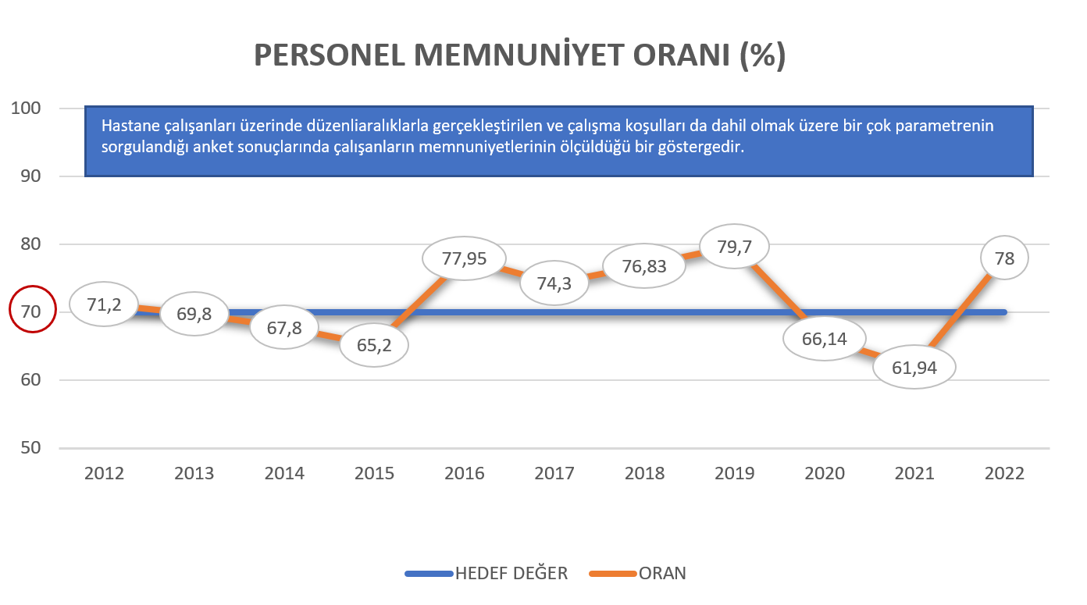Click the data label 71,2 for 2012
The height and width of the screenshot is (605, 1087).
pyautogui.click(x=104, y=304)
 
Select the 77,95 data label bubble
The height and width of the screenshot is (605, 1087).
pyautogui.click(x=464, y=258)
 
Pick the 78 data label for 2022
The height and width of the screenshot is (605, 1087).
pyautogui.click(x=1005, y=258)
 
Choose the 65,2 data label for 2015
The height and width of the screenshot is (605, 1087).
pyautogui.click(x=374, y=344)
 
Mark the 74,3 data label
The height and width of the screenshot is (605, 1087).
pyautogui.click(x=554, y=283)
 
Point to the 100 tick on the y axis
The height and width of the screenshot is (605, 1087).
pyautogui.click(x=27, y=108)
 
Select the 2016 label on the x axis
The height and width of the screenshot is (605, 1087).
pyautogui.click(x=464, y=474)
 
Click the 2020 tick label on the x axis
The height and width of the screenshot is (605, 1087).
pyautogui.click(x=825, y=474)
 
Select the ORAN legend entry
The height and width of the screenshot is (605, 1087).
pyautogui.click(x=662, y=574)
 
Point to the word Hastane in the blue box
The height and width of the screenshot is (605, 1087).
pyautogui.click(x=127, y=126)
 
